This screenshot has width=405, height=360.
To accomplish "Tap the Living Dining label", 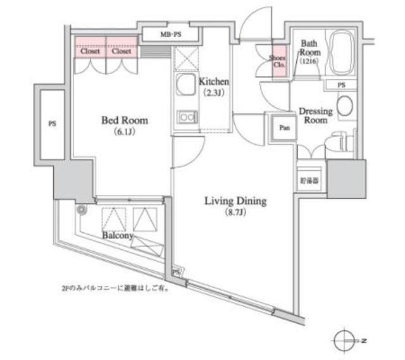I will (x=235, y=202).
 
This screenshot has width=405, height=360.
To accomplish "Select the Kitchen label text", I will (x=213, y=82).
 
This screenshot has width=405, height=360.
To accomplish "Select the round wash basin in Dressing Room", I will (x=346, y=106).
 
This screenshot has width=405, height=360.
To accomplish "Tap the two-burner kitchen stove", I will (x=187, y=116).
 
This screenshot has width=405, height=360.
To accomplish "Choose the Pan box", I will (x=284, y=127).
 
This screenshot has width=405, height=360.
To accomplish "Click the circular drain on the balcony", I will (x=81, y=211).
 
